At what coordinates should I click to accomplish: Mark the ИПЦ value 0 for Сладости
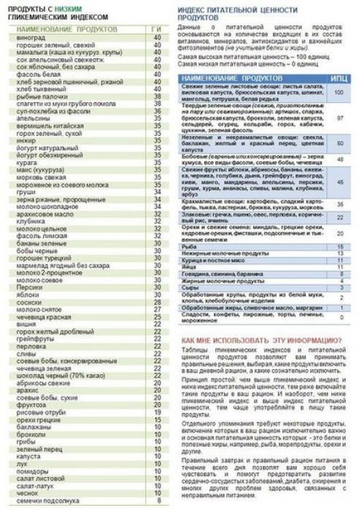pyautogui.click(x=338, y=317)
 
